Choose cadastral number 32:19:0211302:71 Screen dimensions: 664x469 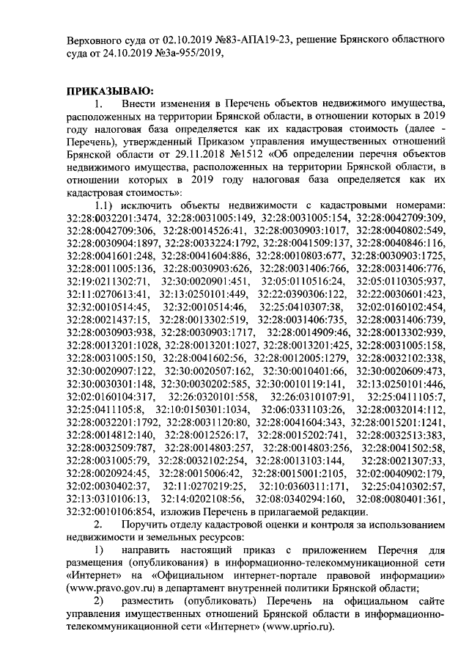pos(107,280)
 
